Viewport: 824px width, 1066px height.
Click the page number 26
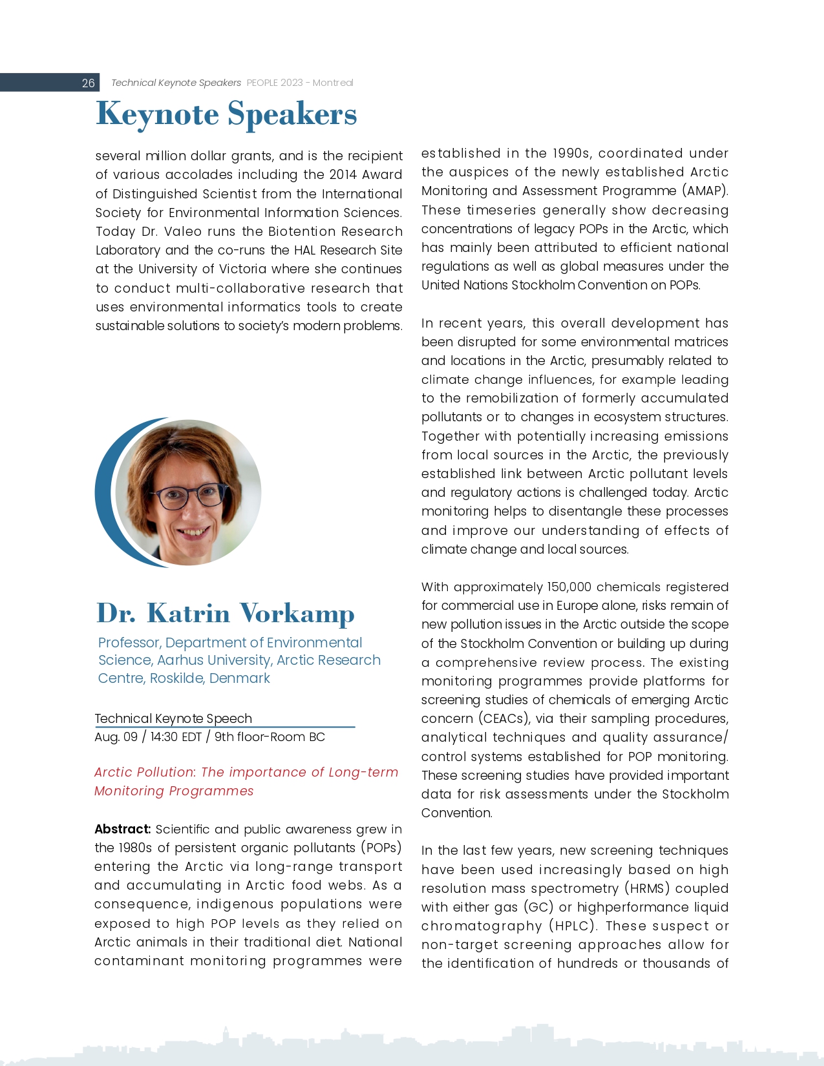[88, 83]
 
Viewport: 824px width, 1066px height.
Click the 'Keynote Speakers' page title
[226, 114]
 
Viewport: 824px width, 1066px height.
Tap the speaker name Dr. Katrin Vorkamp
[225, 613]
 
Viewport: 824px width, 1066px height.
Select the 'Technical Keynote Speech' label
[173, 718]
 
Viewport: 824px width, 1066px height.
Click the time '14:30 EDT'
[176, 737]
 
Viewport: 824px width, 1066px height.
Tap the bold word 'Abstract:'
[123, 829]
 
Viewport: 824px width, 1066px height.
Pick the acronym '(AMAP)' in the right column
[705, 191]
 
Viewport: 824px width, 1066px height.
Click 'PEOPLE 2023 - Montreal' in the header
[300, 83]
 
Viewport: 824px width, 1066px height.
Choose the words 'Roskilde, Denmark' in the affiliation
[210, 678]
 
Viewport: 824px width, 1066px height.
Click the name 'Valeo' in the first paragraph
[183, 231]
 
